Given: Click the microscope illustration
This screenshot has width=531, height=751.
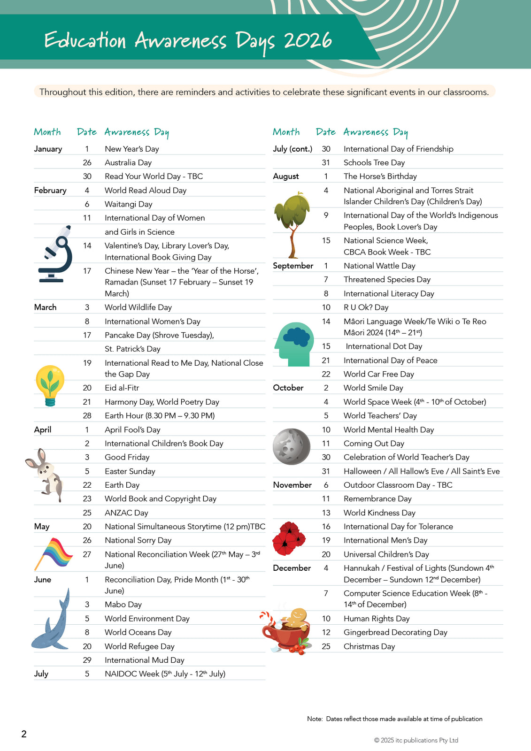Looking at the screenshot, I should (x=55, y=254).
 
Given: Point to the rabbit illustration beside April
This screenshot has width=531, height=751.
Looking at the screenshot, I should (x=45, y=474).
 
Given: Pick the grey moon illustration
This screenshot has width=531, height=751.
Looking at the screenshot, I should (x=292, y=446).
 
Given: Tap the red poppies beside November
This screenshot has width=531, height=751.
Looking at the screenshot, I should (x=288, y=538).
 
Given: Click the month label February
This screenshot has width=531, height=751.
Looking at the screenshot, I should (x=50, y=190).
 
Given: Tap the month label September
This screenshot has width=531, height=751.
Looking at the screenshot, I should (x=293, y=266).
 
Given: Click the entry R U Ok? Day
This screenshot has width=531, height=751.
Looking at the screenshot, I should (x=366, y=307).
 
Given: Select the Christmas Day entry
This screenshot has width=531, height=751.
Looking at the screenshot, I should (x=369, y=646).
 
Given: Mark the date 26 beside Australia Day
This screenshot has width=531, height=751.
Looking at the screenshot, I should (x=87, y=162).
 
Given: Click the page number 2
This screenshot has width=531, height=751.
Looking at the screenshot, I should (x=24, y=734).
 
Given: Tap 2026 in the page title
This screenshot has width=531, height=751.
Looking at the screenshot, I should (x=308, y=41).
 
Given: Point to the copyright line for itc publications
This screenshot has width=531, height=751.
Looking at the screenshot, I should (x=416, y=740).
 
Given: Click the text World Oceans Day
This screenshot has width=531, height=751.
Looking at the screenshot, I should (x=138, y=632).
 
